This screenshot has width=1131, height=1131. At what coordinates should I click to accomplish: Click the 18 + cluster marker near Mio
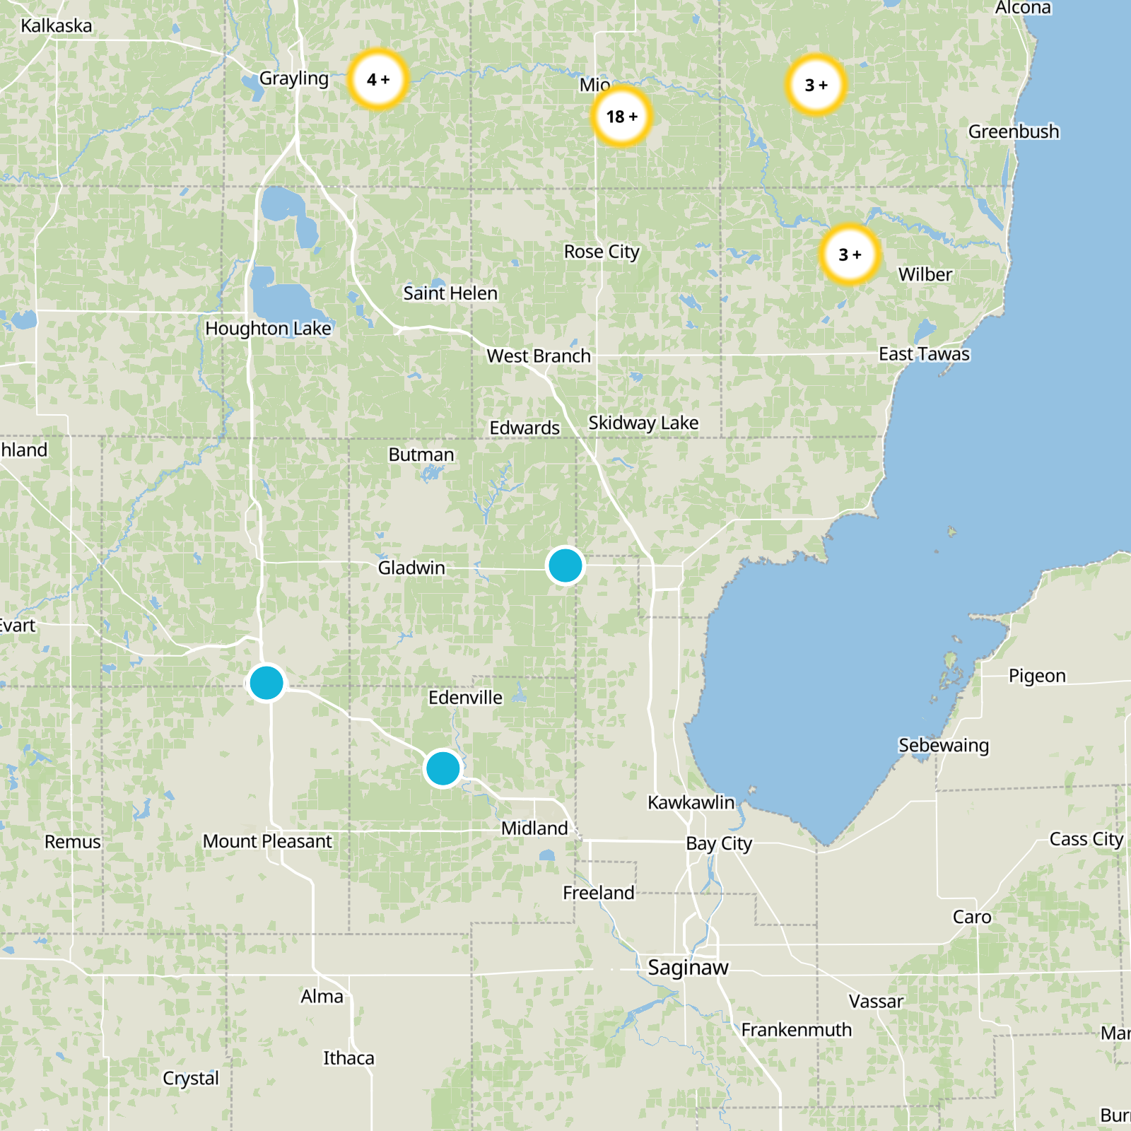(x=621, y=117)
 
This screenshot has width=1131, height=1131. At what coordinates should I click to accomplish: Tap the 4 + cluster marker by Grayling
(x=378, y=79)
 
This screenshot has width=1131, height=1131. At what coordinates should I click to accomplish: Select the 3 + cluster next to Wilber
(x=850, y=254)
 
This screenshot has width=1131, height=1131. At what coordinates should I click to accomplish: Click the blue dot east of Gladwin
(x=565, y=565)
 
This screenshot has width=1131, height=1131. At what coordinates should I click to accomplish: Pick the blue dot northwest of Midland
(x=443, y=768)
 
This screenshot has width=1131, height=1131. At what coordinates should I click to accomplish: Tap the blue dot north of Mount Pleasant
(x=266, y=683)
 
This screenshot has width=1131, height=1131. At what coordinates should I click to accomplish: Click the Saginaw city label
(x=688, y=967)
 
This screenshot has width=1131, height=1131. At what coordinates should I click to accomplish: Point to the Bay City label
(x=719, y=843)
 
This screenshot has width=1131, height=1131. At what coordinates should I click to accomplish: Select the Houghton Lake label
(x=268, y=329)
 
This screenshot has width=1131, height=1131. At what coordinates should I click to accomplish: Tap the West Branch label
(x=539, y=356)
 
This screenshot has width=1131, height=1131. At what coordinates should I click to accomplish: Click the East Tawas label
(x=924, y=353)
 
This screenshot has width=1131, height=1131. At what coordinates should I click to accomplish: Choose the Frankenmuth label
(x=796, y=1030)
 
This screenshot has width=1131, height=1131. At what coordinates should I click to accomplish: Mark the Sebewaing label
(x=943, y=745)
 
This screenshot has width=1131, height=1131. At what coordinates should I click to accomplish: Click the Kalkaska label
(x=57, y=26)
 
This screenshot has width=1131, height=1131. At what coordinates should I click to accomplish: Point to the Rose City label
(x=602, y=252)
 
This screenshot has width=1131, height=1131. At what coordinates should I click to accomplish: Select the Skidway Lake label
(x=643, y=423)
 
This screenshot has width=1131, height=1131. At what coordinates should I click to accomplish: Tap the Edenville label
(x=465, y=698)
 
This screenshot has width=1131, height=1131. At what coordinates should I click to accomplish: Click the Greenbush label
(x=1013, y=131)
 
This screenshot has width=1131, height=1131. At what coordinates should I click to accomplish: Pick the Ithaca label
(x=348, y=1057)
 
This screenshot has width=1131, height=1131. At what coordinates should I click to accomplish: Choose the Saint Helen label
(x=450, y=293)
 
